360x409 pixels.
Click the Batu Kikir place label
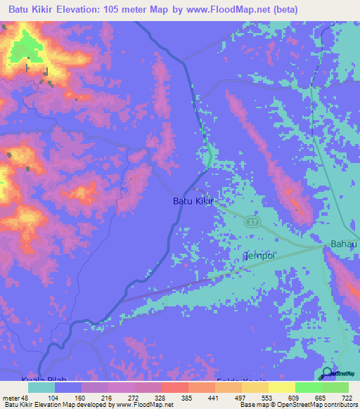pos(193,201)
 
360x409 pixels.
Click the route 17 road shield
pos(252,222)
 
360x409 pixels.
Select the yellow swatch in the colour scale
pos(281,387)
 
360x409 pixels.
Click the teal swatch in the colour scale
pos(41,387)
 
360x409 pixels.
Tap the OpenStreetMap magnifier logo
pos(327,373)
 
